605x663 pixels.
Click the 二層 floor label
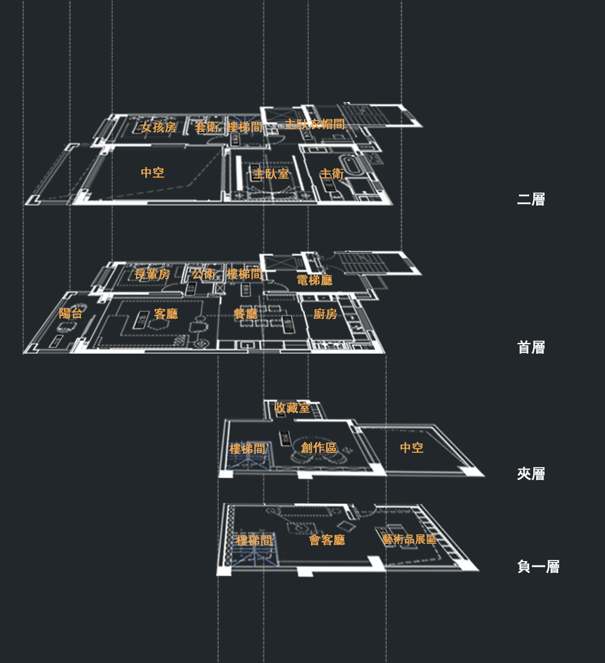(x=530, y=199)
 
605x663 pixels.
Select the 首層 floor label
(x=530, y=347)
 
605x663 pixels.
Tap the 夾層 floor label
(x=530, y=474)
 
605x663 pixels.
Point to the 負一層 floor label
(x=538, y=567)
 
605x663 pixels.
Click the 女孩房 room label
(x=158, y=128)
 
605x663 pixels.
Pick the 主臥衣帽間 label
(x=314, y=124)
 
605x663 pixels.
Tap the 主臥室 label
(x=271, y=174)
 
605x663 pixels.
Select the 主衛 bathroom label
(x=332, y=174)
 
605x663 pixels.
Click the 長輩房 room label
(x=152, y=275)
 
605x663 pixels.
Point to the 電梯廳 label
(x=314, y=280)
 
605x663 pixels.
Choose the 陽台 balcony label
(x=71, y=313)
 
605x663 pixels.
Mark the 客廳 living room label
(x=166, y=314)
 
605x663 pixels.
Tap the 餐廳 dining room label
(x=246, y=314)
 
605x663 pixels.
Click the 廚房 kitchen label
(x=325, y=314)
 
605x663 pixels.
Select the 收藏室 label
(x=292, y=408)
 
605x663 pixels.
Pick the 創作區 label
(x=319, y=448)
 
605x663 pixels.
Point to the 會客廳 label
(x=327, y=540)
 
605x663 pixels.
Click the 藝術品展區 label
(x=409, y=539)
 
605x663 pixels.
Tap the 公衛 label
(x=203, y=275)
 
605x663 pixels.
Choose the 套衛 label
(x=207, y=128)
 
